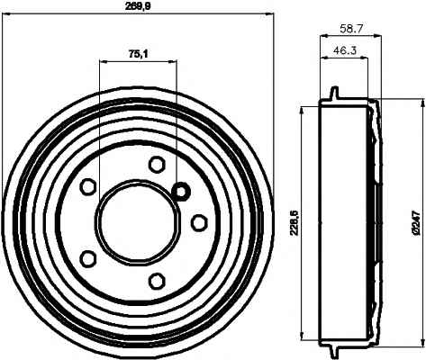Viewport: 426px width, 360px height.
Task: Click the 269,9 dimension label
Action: pyautogui.click(x=138, y=7)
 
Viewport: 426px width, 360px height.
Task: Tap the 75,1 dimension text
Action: pyautogui.click(x=139, y=54)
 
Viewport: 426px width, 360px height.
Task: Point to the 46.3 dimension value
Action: pyautogui.click(x=344, y=49)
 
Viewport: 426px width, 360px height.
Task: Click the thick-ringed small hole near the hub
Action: pyautogui.click(x=181, y=191)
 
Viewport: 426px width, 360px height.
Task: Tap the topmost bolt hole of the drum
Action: pyautogui.click(x=157, y=165)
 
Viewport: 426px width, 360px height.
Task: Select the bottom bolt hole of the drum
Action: pyautogui.click(x=157, y=281)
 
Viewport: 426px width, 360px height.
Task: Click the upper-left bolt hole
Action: pyautogui.click(x=88, y=186)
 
